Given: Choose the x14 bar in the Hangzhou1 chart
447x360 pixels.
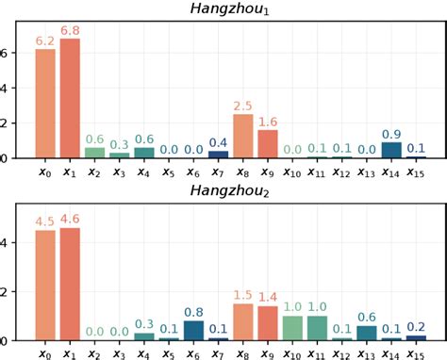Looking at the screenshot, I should point(391,150).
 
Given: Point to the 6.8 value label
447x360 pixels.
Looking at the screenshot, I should point(70,31).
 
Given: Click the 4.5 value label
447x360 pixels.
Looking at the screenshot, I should point(45,222).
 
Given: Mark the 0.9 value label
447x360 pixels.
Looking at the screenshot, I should point(391,134).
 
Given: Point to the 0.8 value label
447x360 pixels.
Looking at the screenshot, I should point(193,313).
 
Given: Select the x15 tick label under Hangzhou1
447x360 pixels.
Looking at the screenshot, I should point(416,172).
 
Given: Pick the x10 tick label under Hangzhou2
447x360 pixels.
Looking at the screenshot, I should point(292,353).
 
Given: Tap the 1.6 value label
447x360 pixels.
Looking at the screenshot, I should point(268,122).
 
